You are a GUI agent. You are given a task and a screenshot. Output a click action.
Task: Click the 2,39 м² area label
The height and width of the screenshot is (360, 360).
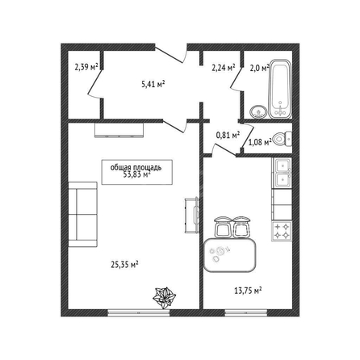tap(86, 67)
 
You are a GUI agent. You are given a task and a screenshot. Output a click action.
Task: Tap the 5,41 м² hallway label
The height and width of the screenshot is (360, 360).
tap(153, 85)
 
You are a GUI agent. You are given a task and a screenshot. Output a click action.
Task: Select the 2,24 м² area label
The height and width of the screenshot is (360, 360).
tap(224, 68)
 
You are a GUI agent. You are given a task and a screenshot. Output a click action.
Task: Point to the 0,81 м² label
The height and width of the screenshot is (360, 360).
tap(228, 135)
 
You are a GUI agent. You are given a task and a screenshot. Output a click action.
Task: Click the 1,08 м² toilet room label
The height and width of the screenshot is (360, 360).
tap(259, 142)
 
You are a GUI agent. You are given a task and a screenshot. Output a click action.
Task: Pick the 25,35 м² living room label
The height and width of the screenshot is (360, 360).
tap(124, 265)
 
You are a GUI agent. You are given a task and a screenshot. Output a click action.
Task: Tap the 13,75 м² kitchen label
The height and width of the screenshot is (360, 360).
tap(248, 291)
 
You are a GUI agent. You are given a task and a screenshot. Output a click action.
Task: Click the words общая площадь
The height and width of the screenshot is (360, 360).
tap(136, 167)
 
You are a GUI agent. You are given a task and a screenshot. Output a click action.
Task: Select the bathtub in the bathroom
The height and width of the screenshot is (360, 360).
tap(280, 89)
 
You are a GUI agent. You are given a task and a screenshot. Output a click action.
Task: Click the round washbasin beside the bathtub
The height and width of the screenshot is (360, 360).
tap(259, 111)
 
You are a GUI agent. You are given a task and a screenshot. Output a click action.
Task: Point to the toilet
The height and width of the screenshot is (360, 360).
tap(282, 139)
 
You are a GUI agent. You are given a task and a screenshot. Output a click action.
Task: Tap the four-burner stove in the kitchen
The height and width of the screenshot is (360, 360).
tap(282, 232)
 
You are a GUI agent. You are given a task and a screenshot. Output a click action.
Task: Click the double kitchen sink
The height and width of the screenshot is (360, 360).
tap(282, 173)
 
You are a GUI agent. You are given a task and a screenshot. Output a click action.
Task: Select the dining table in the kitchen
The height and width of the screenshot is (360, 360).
tap(229, 255)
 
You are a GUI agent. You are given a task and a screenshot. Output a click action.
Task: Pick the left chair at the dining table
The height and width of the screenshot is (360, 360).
tap(223, 228)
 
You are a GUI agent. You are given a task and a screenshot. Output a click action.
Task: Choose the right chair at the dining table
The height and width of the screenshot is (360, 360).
tap(241, 228)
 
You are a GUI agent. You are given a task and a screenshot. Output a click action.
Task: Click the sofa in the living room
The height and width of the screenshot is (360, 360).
tap(82, 215)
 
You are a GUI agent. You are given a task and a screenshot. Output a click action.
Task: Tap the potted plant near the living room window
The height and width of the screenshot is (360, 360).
tap(164, 298)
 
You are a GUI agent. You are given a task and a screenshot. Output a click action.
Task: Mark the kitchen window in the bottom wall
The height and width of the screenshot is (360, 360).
tap(246, 312)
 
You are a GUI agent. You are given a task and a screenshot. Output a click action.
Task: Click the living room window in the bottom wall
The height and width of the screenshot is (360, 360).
tap(139, 312)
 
